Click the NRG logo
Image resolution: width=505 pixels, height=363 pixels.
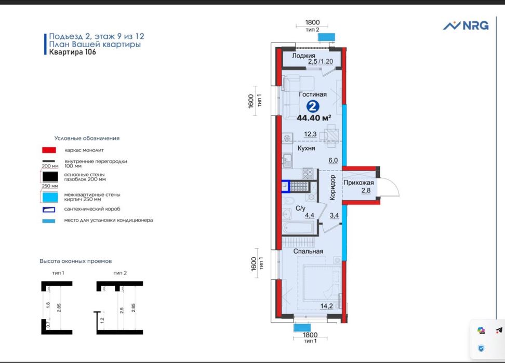[x=466, y=25]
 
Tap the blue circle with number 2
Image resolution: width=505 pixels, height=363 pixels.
[x=312, y=106]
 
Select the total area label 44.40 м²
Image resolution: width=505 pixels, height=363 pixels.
[x=314, y=118]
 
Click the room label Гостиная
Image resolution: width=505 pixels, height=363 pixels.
[x=313, y=94]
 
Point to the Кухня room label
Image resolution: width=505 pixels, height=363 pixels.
[x=307, y=148]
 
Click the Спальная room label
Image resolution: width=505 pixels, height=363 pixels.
[x=308, y=252]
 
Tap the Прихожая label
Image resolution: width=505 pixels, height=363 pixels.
[x=358, y=183]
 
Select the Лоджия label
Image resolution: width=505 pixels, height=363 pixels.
[x=303, y=55]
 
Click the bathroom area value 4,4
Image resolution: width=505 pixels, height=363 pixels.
[x=310, y=215]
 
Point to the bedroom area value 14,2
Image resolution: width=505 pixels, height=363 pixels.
[x=327, y=306]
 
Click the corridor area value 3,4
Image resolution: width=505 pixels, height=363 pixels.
[x=334, y=215]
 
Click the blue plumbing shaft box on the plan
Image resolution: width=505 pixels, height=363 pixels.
[x=286, y=186]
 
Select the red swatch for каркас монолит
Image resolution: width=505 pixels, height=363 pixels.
[x=49, y=150]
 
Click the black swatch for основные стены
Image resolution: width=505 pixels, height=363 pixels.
[x=50, y=177]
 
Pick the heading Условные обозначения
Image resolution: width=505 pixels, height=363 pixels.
[x=87, y=138]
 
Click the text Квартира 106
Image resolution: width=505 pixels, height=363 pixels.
[x=72, y=52]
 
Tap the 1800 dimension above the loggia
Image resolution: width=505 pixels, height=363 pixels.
[x=312, y=22]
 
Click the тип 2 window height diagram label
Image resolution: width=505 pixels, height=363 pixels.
[x=120, y=273]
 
